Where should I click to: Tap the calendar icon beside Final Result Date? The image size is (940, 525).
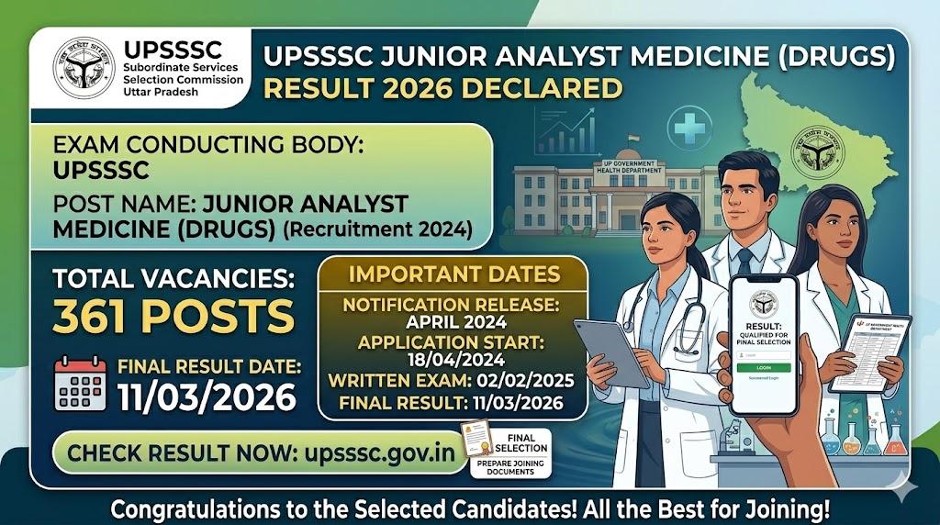coord(80,382)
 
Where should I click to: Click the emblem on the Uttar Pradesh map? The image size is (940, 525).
coord(820,151)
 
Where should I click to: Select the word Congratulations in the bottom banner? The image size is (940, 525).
coord(194,508)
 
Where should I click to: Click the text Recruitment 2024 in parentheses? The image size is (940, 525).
coord(377,230)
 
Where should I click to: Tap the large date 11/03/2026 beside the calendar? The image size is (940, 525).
coord(207,397)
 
